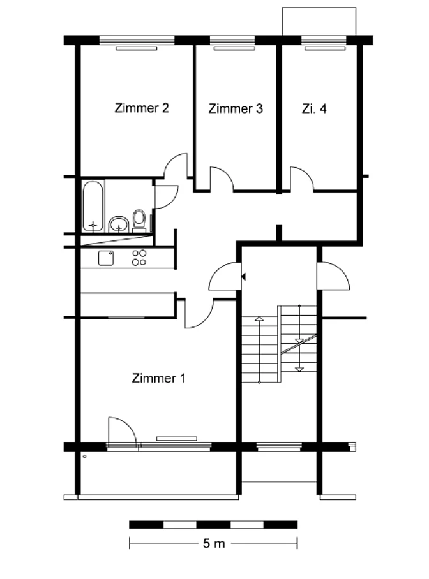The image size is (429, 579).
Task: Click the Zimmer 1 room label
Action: coord(158,378)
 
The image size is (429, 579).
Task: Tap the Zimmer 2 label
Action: coord(142,108)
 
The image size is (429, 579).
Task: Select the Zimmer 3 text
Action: coord(236,108)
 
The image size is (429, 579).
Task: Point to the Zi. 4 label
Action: coord(314,108)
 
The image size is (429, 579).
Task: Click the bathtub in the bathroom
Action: coord(93,206)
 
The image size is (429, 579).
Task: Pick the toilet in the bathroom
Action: coord(139,220)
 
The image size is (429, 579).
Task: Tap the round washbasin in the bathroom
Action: coord(119,224)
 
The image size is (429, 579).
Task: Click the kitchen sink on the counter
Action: coord(106,258)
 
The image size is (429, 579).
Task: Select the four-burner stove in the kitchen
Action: coord(139,258)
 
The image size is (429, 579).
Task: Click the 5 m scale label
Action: coord(214,543)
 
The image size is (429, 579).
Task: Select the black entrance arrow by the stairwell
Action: coord(243,276)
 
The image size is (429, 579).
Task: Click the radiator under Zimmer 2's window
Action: coord(137,48)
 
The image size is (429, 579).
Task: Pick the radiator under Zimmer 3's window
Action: coord(234,48)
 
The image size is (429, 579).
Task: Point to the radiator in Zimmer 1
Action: coord(177,439)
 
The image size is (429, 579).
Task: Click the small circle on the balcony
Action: coord(85,457)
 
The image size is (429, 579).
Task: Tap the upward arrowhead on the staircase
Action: coord(259,318)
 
